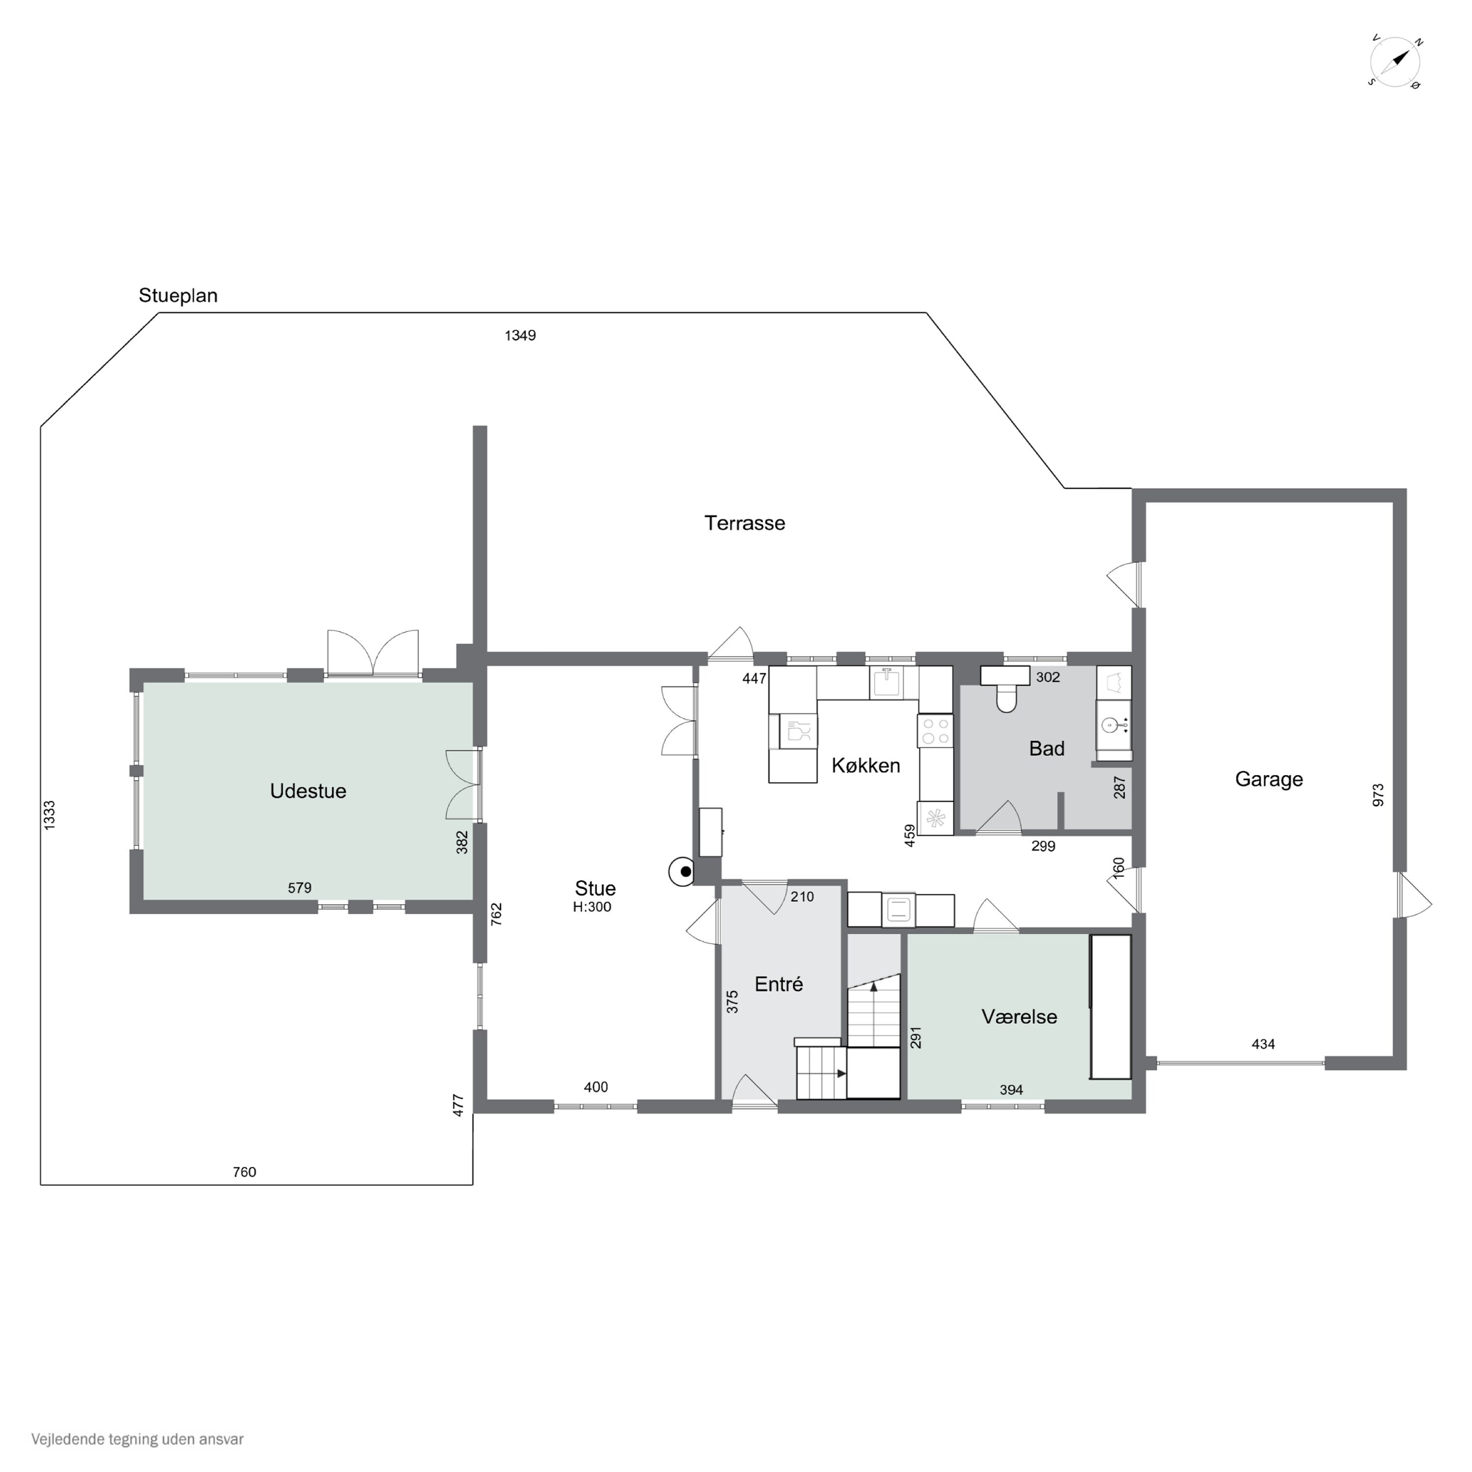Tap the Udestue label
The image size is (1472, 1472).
coord(308,791)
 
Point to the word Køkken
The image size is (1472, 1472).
coord(866,765)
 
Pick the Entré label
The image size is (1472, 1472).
coord(779,984)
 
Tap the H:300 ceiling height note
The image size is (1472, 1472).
coord(592,907)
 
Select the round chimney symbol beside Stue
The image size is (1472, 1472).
coord(682,871)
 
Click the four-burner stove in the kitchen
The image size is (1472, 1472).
coord(935,730)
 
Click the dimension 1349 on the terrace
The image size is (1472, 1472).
coord(521,335)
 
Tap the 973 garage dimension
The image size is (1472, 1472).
coord(1377,795)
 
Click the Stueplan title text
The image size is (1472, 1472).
coord(178,295)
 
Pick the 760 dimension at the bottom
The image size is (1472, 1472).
coord(244,1172)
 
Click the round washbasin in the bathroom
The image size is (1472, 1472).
coord(1110,725)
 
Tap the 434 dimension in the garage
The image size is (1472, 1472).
coord(1263,1044)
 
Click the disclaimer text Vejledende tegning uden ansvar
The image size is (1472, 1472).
coord(137,1439)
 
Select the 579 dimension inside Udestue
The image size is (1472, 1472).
coord(299,888)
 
